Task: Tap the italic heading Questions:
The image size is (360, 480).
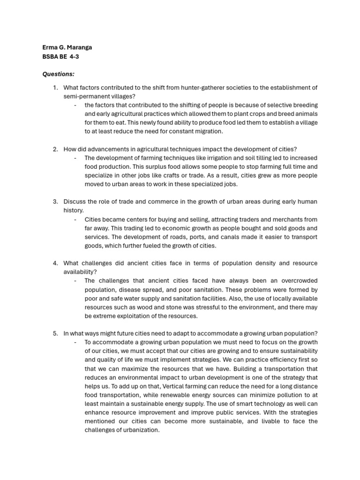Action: tap(58, 74)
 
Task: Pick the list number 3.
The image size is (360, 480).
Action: tap(55, 202)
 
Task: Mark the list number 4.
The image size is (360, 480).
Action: tap(55, 263)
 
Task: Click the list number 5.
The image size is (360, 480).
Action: tap(55, 333)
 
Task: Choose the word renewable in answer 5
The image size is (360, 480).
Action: tap(163, 395)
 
